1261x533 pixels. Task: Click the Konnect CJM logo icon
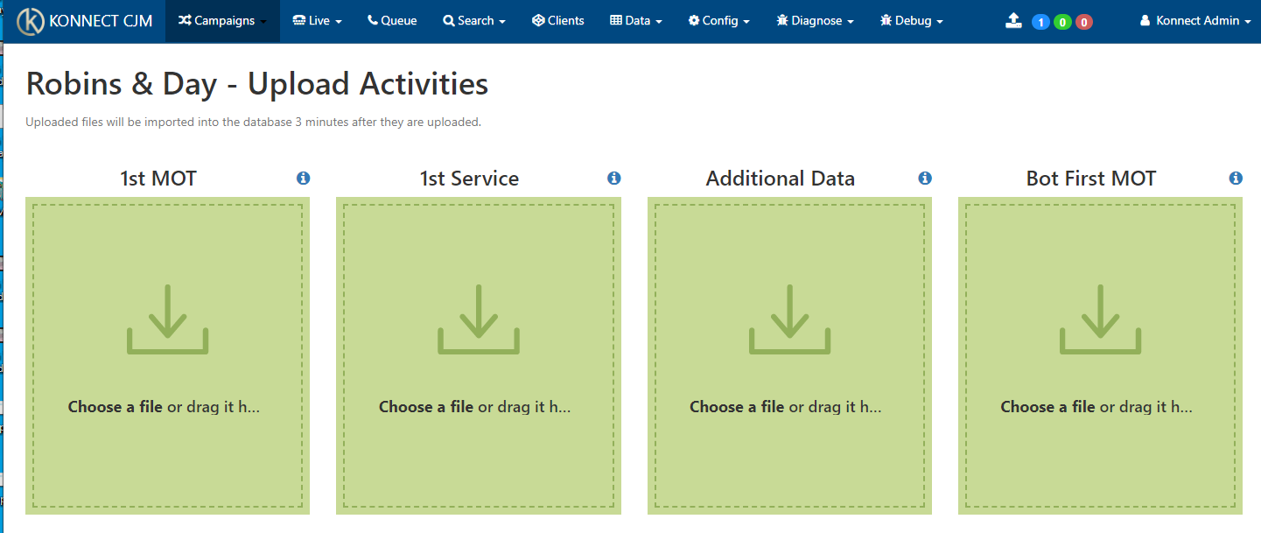pos(31,21)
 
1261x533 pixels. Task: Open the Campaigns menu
pos(222,21)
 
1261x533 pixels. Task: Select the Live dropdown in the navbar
pos(317,21)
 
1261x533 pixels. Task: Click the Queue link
pos(392,21)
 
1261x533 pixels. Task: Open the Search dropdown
pos(474,21)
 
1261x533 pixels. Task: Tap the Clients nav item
pos(558,21)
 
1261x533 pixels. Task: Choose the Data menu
pos(636,21)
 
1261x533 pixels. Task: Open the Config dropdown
pos(718,21)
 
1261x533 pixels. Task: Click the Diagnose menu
pos(816,21)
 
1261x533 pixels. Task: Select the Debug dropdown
pos(912,21)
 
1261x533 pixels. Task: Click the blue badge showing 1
pos(1040,22)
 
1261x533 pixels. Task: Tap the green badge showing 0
pos(1062,22)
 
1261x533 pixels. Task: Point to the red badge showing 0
pos(1083,22)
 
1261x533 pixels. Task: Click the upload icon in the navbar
pos(1013,21)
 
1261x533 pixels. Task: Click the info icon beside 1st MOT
pos(303,179)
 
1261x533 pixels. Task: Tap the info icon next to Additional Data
pos(925,179)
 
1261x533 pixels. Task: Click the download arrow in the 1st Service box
pos(479,319)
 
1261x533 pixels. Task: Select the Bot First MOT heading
pos(1091,179)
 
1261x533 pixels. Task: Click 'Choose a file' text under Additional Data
pos(737,406)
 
